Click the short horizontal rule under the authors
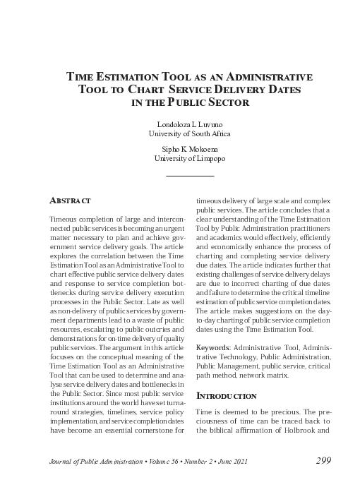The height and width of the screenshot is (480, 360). [189, 175]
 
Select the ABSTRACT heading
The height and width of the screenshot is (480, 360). [70, 201]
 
